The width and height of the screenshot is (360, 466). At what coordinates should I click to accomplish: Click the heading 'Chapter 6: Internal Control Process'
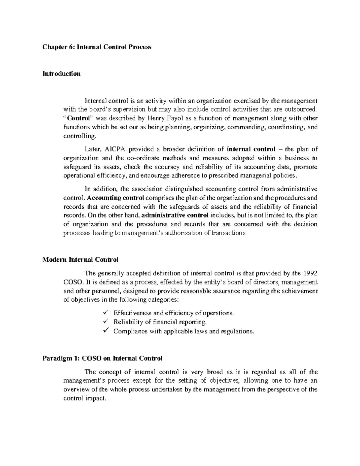pyautogui.click(x=97, y=47)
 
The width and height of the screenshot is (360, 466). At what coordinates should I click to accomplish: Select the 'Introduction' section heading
pyautogui.click(x=61, y=74)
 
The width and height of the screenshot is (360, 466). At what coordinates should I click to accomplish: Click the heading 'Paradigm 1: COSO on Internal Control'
pyautogui.click(x=102, y=358)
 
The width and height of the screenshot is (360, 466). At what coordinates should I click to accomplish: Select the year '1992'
pyautogui.click(x=309, y=273)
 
